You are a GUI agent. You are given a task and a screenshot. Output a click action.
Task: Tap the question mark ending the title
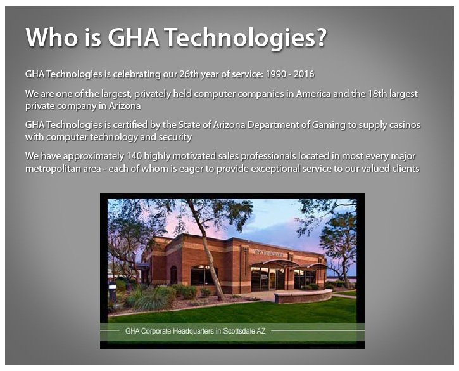tap(320, 39)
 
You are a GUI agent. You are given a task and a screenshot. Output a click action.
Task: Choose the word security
tap(174, 137)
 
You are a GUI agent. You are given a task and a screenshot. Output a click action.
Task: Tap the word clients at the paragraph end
tap(404, 168)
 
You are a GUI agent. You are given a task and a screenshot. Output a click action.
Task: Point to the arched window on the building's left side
tap(173, 275)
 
